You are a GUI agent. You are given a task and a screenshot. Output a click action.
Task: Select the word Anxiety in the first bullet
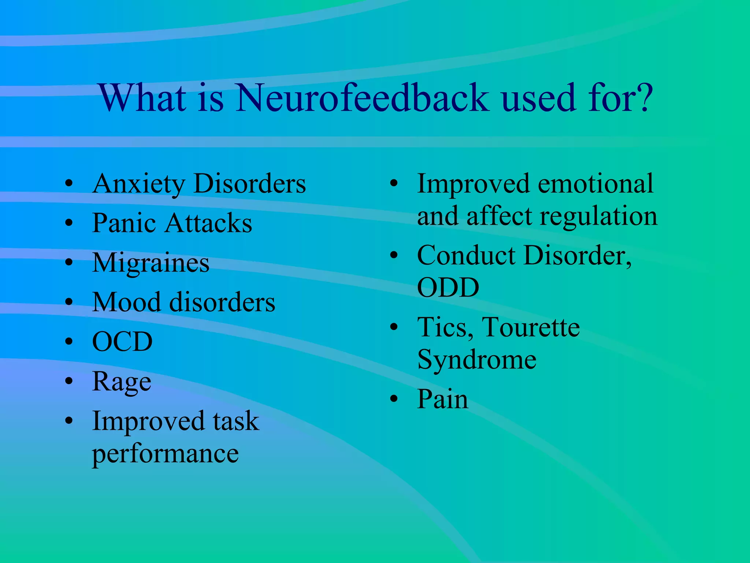tap(138, 184)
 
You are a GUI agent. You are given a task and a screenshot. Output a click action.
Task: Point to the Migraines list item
tap(151, 263)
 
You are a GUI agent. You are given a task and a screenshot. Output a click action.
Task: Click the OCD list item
tap(122, 342)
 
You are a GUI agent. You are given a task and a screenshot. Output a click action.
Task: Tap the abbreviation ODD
tap(448, 288)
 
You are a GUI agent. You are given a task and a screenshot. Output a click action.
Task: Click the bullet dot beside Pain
tap(394, 399)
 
